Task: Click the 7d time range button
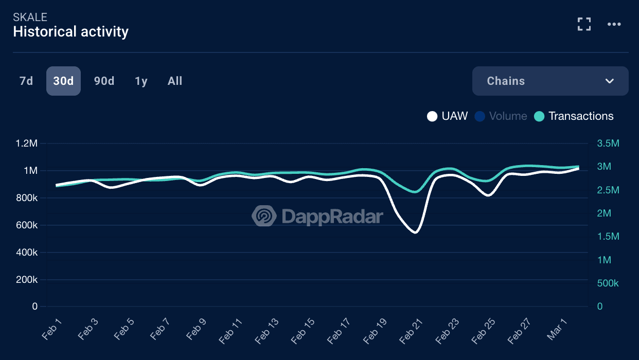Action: click(26, 81)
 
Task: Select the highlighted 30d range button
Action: click(63, 81)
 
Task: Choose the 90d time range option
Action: click(104, 81)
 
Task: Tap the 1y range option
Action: click(141, 81)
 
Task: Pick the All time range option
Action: click(175, 81)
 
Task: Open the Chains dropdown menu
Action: click(550, 81)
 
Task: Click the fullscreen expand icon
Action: click(584, 24)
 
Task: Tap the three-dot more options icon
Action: click(614, 24)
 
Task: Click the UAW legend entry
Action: click(448, 116)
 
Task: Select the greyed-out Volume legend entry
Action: click(501, 116)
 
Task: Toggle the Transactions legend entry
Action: click(574, 116)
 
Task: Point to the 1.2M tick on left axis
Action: click(27, 143)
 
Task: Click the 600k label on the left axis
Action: click(27, 225)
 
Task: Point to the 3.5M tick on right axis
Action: click(608, 143)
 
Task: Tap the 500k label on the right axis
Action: click(608, 283)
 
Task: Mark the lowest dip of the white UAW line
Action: click(415, 232)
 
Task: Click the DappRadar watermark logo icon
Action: click(263, 216)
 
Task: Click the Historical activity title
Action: click(71, 32)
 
